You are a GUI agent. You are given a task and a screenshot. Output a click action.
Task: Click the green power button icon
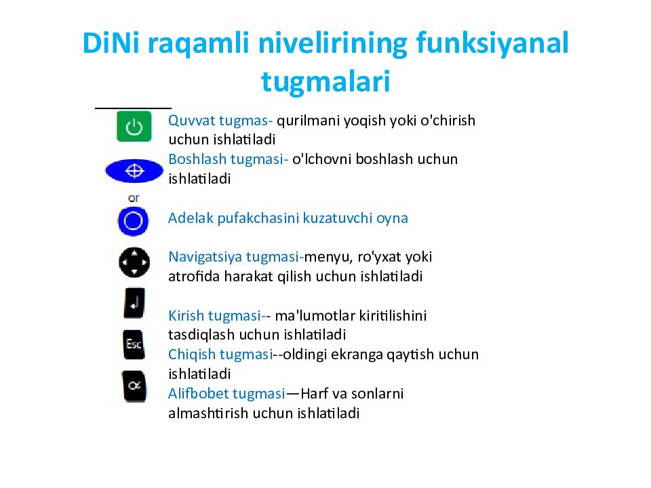point(134,127)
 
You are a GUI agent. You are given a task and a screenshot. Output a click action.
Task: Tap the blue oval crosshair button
point(134,171)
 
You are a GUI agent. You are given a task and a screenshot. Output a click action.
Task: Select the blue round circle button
point(133,221)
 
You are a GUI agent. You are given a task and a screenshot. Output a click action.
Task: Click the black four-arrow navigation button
point(134,262)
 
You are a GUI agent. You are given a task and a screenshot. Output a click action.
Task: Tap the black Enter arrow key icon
point(134,303)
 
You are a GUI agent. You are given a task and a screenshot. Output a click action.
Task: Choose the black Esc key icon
point(134,344)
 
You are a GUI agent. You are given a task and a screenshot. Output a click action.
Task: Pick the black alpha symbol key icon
point(134,386)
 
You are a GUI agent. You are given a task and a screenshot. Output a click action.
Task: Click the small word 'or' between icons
point(134,197)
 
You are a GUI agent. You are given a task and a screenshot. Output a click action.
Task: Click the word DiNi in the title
point(109,44)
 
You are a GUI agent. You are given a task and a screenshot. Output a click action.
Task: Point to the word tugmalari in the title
point(325,81)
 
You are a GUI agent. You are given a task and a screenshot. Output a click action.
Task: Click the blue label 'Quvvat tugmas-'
point(220,121)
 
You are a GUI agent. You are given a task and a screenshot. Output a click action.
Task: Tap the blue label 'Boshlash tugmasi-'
point(228,159)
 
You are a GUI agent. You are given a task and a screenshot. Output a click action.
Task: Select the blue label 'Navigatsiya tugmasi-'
point(235,257)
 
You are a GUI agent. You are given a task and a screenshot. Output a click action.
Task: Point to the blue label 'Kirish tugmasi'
point(214,315)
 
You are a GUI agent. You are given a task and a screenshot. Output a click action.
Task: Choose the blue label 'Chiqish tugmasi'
point(219,354)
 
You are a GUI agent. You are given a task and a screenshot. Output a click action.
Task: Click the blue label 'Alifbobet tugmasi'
point(226,393)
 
